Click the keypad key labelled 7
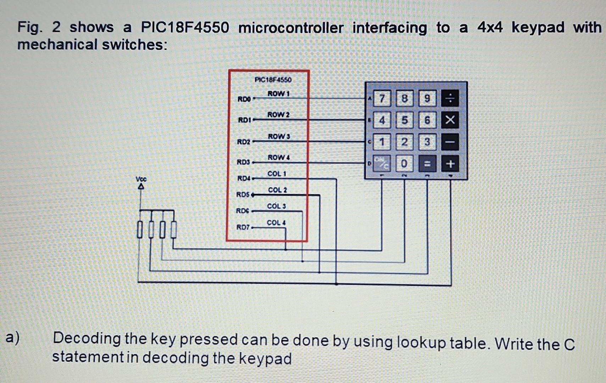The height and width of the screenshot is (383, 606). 382,98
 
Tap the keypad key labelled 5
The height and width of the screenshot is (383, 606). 404,120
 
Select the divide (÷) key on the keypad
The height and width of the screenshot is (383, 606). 450,98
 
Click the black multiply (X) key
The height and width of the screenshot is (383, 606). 450,120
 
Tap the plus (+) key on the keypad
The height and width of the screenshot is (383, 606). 450,164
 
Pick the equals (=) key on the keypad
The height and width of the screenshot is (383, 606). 427,164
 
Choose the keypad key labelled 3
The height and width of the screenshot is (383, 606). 427,142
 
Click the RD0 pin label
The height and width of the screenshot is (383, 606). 244,99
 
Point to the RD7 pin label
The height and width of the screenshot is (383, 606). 243,227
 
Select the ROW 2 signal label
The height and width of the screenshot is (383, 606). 278,115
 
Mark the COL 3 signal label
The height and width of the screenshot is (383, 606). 276,206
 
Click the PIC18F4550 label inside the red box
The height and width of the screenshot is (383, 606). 273,79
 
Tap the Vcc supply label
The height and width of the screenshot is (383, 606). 141,179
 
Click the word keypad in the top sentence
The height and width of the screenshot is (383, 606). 538,28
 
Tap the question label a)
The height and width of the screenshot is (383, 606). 13,338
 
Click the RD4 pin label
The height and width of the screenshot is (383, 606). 244,178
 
